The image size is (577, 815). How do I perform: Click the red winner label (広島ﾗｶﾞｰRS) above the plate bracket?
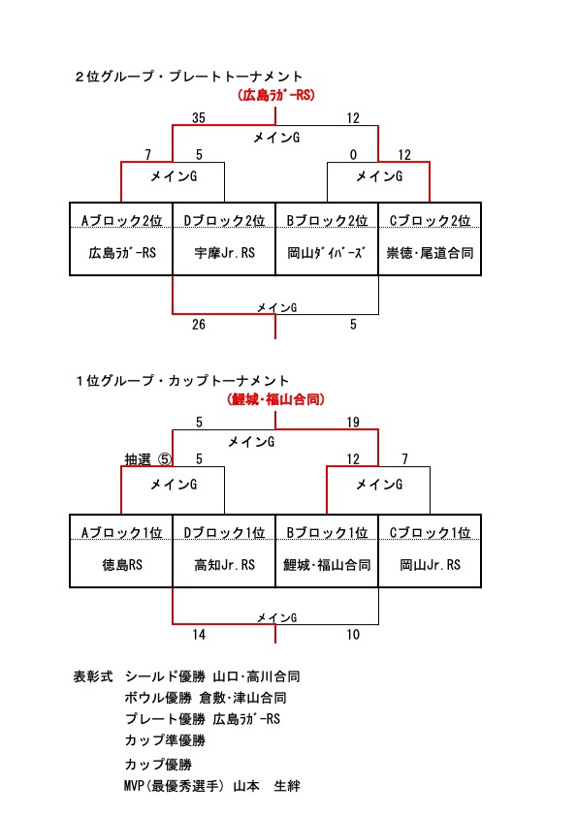click(275, 95)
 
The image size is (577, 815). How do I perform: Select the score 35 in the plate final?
click(198, 118)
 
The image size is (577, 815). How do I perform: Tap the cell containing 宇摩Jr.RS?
click(224, 253)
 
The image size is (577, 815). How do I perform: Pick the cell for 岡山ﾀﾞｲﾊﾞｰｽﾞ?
click(326, 253)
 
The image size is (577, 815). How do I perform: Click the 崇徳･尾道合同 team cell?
click(430, 253)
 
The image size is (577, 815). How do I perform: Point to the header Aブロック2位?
click(121, 220)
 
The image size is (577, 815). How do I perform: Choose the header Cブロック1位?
click(430, 532)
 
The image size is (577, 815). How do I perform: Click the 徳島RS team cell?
click(122, 564)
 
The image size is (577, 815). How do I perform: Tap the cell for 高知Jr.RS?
click(224, 564)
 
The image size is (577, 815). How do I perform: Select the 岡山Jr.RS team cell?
click(430, 564)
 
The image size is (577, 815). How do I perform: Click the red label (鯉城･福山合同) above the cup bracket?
click(275, 399)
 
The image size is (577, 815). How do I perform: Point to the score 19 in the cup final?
click(353, 423)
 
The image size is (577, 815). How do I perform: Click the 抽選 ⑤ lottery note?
click(147, 459)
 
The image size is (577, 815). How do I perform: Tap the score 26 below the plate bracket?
click(198, 325)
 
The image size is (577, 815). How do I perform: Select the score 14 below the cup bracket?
click(198, 634)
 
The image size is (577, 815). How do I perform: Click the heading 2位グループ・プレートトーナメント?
click(188, 77)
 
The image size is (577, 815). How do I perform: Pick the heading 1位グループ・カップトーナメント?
click(181, 381)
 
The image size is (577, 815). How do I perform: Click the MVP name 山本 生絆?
click(267, 785)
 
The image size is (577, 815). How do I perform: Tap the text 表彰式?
click(93, 676)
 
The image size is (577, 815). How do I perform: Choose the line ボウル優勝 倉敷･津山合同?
click(205, 698)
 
